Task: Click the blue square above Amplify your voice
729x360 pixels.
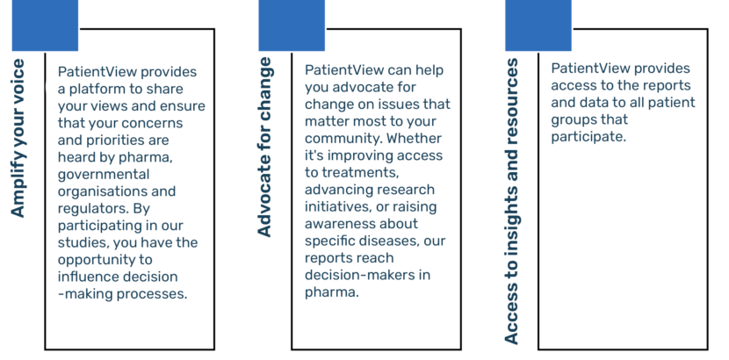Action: [x=45, y=25]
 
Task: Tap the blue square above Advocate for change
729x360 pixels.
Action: [x=292, y=25]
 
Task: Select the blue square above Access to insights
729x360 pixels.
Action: [x=538, y=25]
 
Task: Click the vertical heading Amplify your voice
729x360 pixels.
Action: [x=18, y=138]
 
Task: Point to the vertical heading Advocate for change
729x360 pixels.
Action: [x=264, y=147]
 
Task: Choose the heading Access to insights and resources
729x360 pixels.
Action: [x=511, y=201]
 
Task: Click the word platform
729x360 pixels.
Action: [x=92, y=90]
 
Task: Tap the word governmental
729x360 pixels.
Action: [x=104, y=175]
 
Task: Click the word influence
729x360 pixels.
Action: [x=84, y=277]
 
